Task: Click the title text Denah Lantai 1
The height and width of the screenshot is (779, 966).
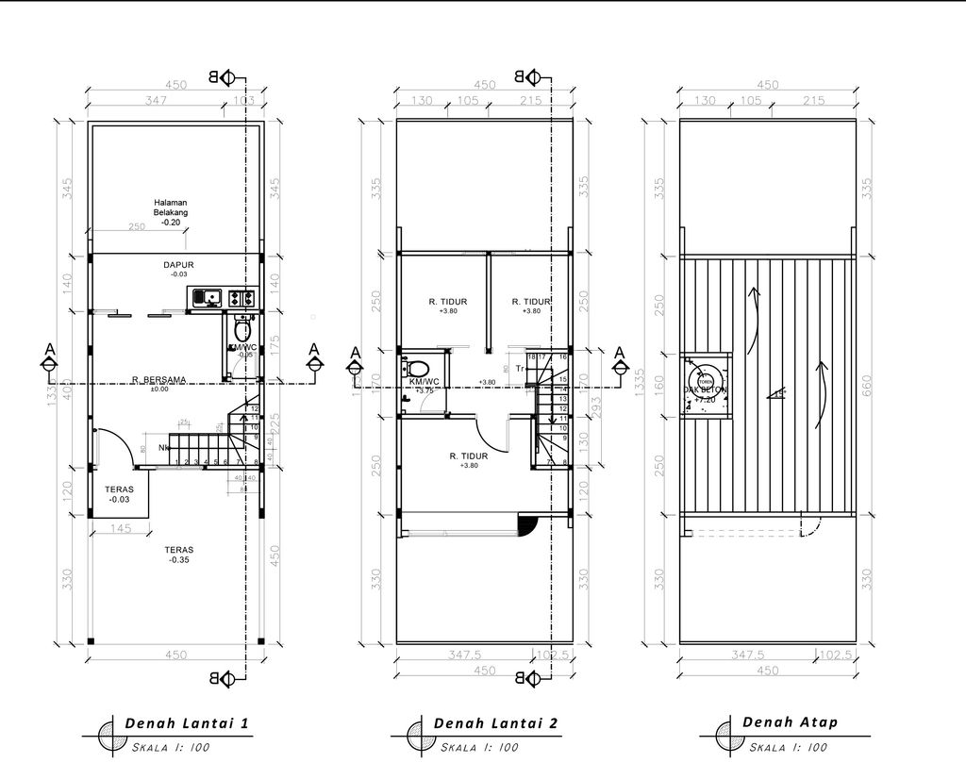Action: coord(186,724)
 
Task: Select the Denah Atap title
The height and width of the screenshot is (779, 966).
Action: coord(790,722)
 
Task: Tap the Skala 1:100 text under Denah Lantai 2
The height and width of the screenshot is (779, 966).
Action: coord(478,748)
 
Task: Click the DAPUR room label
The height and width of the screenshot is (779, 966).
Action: coord(178,265)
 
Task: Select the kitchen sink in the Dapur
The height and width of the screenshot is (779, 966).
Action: coord(208,298)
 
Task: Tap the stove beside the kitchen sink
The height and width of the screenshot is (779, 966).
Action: coord(242,298)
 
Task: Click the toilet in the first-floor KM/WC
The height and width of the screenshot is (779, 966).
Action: coord(241,330)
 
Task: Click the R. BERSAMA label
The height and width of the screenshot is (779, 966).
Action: coord(158,380)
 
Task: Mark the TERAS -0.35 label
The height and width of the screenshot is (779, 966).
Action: coord(179,554)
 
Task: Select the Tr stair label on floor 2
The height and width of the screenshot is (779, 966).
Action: coord(520,369)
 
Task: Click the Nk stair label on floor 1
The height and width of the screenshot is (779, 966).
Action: coord(164,447)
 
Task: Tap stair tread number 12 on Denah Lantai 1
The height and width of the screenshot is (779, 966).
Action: coord(256,408)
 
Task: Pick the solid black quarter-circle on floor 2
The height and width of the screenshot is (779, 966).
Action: coord(526,524)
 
